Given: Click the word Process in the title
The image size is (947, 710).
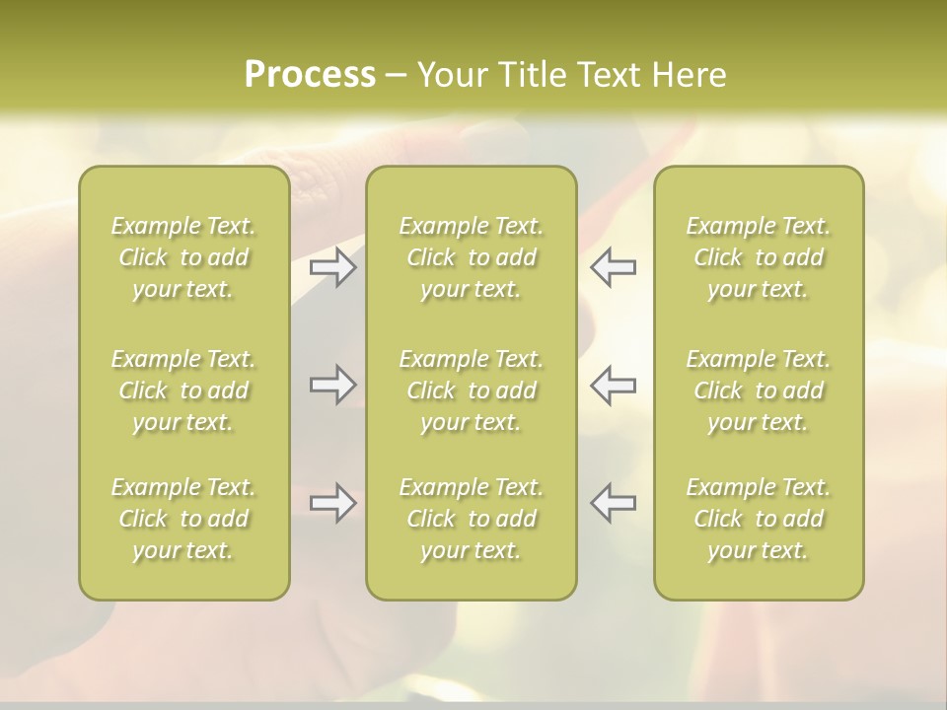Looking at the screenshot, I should pyautogui.click(x=310, y=75).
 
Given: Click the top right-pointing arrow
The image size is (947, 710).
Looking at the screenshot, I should pyautogui.click(x=333, y=267).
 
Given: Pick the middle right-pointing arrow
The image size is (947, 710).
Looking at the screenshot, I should pyautogui.click(x=333, y=385).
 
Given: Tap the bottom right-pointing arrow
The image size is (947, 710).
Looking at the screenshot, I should pyautogui.click(x=333, y=503).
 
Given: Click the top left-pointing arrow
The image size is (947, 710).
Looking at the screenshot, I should pyautogui.click(x=613, y=267).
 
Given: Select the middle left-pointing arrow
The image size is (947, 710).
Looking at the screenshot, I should pyautogui.click(x=613, y=385).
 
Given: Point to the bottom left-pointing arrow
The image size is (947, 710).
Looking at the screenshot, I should pyautogui.click(x=613, y=503).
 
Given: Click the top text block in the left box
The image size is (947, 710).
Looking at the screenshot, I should pyautogui.click(x=183, y=257).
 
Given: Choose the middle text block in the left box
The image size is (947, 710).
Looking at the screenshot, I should pyautogui.click(x=183, y=390).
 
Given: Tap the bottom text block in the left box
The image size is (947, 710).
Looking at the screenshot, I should pyautogui.click(x=183, y=519).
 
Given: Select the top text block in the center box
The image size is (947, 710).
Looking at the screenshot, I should pyautogui.click(x=472, y=257).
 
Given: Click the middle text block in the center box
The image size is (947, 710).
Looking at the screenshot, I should pyautogui.click(x=472, y=390).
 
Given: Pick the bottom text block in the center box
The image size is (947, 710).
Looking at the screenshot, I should pyautogui.click(x=472, y=519).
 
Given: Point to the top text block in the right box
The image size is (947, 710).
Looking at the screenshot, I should pyautogui.click(x=759, y=257).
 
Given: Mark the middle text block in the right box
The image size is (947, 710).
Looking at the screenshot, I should pyautogui.click(x=759, y=390).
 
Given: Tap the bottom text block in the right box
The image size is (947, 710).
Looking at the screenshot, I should pyautogui.click(x=759, y=519).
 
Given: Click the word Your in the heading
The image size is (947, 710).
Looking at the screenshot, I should pyautogui.click(x=451, y=75).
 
